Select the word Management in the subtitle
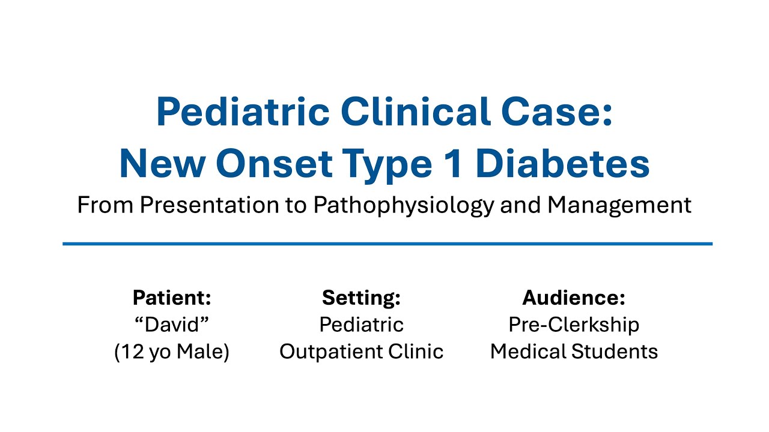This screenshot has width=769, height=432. click(x=619, y=206)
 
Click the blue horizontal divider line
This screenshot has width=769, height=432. click(x=387, y=244)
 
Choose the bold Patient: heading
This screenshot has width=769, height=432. click(x=172, y=298)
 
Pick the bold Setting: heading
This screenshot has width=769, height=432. click(x=361, y=298)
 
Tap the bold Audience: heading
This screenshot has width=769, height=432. click(x=574, y=298)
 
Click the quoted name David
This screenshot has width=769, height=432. click(x=172, y=325)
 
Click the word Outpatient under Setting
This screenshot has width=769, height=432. click(x=328, y=352)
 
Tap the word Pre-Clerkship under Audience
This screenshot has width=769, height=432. click(x=574, y=325)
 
